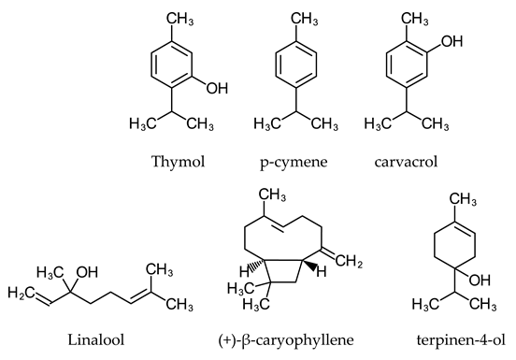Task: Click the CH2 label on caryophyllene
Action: click(x=365, y=265)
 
